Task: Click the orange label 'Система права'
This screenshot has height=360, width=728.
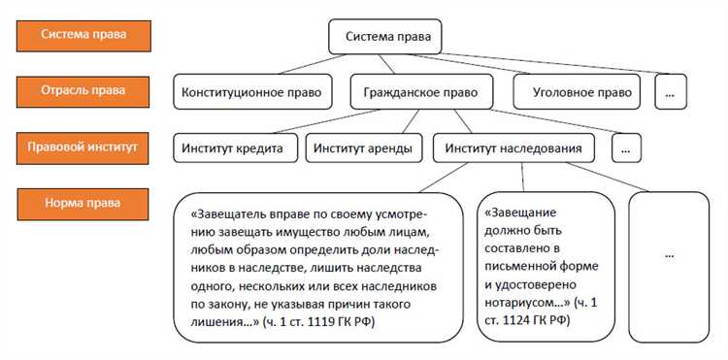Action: click(81, 34)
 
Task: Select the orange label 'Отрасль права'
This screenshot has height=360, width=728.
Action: click(83, 91)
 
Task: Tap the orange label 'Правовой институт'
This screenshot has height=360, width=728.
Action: click(83, 148)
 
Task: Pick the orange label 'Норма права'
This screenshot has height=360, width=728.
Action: click(83, 205)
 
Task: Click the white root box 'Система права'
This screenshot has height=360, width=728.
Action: click(385, 39)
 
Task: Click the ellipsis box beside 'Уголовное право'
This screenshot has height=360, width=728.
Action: click(671, 93)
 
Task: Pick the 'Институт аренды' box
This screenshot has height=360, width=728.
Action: click(363, 148)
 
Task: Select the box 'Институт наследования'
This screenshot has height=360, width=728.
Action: click(513, 148)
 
